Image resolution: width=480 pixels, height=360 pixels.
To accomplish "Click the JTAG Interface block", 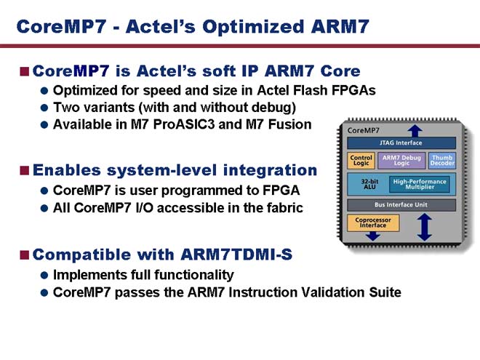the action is pos(401,143).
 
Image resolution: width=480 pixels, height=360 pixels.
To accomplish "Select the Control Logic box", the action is pos(361,161).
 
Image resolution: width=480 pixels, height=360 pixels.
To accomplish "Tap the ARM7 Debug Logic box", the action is pos(401,161).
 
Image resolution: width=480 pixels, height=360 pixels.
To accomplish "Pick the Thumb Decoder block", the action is pos(441,161).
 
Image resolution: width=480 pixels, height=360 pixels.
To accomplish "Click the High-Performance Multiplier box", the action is pos(420,184).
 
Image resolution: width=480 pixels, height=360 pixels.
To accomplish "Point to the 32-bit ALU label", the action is pos(369,184).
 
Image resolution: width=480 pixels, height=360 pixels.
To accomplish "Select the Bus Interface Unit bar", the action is pos(401,205).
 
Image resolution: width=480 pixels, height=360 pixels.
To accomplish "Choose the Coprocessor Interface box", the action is pos(373,223).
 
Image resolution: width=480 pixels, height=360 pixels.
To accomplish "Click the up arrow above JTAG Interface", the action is pos(415,131).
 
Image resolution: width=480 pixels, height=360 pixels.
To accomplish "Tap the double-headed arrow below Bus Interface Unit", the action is pos(424,227).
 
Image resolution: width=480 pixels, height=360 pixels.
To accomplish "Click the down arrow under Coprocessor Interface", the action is pos(373,236).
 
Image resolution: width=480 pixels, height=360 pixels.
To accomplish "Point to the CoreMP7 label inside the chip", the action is pos(364,130).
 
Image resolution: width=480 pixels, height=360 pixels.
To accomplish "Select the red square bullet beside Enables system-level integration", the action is pos(24,170).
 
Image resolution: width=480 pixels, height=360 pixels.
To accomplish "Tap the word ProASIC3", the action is pos(184,124).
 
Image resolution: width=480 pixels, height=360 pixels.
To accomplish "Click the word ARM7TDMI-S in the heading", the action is pos(236,255).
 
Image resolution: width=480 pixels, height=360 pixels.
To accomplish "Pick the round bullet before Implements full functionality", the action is pos(44,275).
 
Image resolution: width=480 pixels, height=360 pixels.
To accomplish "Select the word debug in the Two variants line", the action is pos(273,108).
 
